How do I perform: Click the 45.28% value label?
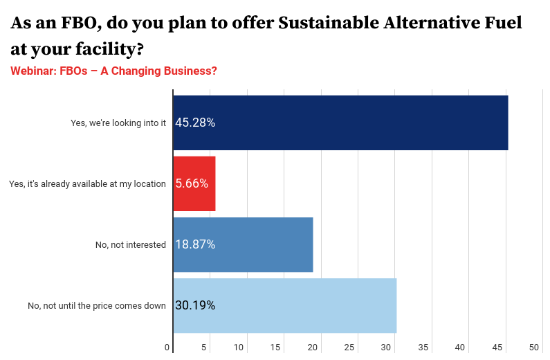[x=195, y=123]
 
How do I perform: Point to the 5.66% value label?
[x=192, y=183]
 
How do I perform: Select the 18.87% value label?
[x=195, y=244]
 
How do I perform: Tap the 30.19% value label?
[x=195, y=305]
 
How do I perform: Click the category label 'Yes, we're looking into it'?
[x=118, y=123]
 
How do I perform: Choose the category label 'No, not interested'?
[x=131, y=244]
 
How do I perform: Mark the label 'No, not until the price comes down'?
[x=97, y=305]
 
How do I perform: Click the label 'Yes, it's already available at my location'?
[x=87, y=183]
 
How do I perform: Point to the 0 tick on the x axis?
[x=167, y=347]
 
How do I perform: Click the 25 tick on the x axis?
[x=350, y=347]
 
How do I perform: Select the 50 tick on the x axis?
[x=533, y=347]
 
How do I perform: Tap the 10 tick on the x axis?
[x=240, y=347]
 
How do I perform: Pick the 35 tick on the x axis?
[x=423, y=347]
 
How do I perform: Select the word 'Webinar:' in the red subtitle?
[x=34, y=71]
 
